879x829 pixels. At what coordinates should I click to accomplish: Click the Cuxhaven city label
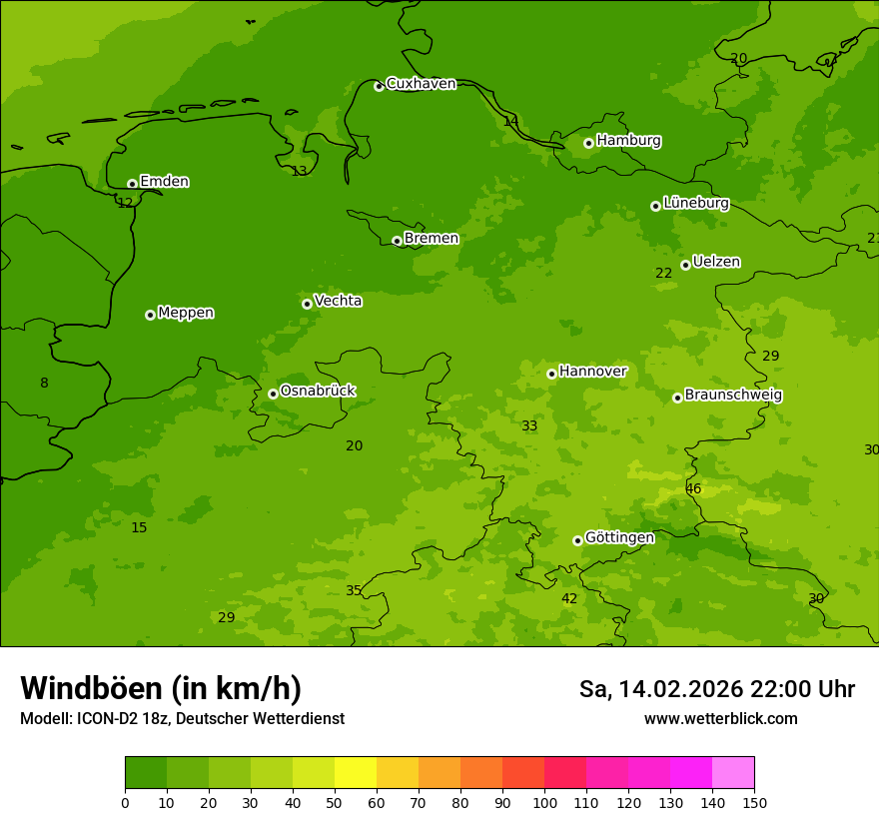(x=421, y=83)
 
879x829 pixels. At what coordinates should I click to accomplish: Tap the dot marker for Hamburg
(x=588, y=143)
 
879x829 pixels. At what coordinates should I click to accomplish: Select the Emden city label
(x=164, y=181)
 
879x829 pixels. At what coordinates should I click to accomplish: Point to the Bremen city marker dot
(x=397, y=241)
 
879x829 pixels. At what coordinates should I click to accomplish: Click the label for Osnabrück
(x=318, y=391)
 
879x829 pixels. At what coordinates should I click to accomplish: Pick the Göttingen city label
(x=619, y=537)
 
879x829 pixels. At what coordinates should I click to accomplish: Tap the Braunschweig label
(x=733, y=395)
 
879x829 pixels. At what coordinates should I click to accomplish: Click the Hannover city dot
(x=551, y=374)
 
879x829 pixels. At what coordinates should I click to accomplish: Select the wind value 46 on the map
(x=693, y=488)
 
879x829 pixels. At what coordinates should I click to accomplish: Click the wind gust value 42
(x=569, y=598)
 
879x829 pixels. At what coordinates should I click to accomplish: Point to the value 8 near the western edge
(x=44, y=383)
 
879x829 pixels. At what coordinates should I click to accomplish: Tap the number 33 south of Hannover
(x=529, y=425)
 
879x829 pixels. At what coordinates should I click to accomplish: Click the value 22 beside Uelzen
(x=663, y=273)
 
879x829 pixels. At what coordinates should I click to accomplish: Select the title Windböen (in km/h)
(x=161, y=688)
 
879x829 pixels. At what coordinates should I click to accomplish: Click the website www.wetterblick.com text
(x=720, y=718)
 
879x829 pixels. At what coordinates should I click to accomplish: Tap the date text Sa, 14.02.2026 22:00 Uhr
(x=716, y=689)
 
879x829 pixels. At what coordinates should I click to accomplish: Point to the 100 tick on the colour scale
(x=544, y=802)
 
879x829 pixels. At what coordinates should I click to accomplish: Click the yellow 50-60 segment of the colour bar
(x=356, y=773)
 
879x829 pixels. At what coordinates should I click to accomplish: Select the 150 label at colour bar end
(x=754, y=802)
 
